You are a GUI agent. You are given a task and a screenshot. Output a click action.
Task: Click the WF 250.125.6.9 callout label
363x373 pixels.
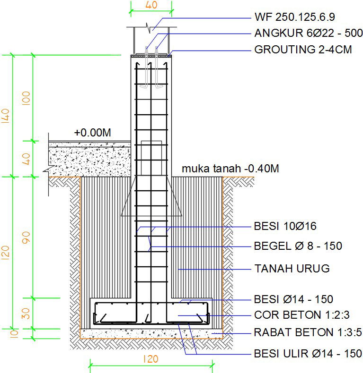tap(294, 17)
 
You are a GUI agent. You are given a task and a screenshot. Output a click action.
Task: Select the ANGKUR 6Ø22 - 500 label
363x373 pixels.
tap(308, 34)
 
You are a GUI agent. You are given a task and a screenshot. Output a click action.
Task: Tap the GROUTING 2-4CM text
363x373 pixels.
tap(303, 49)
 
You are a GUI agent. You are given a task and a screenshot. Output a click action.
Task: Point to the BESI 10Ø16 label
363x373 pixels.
tap(285, 227)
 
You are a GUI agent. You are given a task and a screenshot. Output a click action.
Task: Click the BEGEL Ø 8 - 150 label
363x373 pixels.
tap(298, 246)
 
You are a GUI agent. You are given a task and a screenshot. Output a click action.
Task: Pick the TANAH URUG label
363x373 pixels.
tap(292, 269)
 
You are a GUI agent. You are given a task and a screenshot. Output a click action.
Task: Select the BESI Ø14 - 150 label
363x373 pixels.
tap(293, 299)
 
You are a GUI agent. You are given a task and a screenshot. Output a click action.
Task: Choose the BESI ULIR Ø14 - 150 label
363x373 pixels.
tap(308, 353)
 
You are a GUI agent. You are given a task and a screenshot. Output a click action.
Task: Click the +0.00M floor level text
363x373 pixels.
tap(92, 133)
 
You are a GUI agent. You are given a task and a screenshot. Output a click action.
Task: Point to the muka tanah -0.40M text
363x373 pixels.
tap(230, 169)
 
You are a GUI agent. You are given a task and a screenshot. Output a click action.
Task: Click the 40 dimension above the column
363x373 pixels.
tap(151, 5)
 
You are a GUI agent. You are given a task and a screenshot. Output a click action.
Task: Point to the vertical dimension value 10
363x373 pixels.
tap(6, 333)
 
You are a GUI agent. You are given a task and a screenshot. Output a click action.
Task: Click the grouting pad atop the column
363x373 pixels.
tap(151, 55)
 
